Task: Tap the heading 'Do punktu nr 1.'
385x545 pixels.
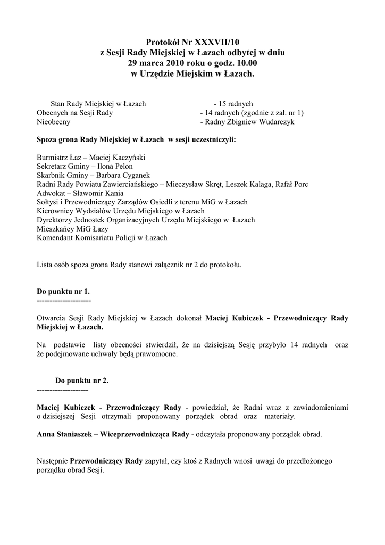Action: pyautogui.click(x=63, y=292)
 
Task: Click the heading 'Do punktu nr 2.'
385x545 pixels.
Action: pyautogui.click(x=82, y=381)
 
